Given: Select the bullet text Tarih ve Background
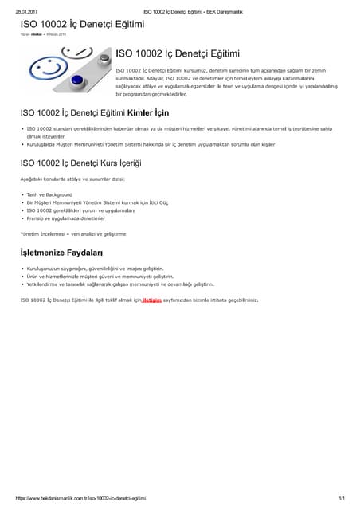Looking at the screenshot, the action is click(x=49, y=194).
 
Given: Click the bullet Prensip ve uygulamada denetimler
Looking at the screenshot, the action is click(x=66, y=218).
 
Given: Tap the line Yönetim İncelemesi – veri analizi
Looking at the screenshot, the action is click(x=72, y=233).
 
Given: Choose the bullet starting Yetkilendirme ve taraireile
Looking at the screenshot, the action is click(x=120, y=284).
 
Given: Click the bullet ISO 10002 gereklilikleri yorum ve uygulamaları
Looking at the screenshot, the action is click(x=80, y=210).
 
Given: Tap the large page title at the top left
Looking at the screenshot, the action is click(x=82, y=24).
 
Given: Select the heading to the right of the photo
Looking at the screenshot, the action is click(x=178, y=53).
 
